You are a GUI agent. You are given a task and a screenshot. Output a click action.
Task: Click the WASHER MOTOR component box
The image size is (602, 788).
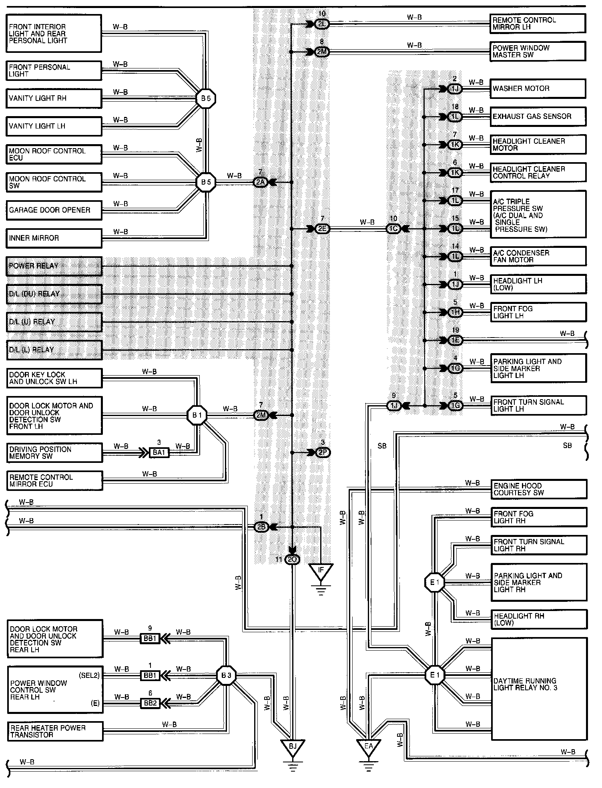pos(538,88)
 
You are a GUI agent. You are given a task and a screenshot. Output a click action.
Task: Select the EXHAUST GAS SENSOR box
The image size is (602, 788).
pos(538,117)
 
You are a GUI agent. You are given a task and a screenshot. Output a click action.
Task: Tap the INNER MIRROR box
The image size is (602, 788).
pos(54,238)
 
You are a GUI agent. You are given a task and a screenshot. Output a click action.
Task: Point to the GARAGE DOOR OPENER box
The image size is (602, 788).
pos(54,210)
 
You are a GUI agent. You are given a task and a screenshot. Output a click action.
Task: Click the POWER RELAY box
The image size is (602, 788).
pos(54,266)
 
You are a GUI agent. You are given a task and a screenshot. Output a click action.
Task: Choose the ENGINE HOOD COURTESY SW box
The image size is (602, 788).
pos(539,489)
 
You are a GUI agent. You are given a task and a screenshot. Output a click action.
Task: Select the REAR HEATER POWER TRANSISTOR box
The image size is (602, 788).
pos(55,731)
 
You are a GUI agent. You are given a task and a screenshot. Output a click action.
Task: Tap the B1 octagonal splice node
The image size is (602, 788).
pos(197,415)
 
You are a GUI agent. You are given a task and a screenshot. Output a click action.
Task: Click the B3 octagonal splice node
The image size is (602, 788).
pos(226,675)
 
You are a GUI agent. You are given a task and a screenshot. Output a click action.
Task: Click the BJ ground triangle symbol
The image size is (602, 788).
pos(293,747)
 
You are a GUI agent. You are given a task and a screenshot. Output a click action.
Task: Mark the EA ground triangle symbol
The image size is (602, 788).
pos(368,747)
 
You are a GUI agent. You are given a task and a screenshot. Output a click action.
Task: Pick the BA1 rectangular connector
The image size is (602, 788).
pos(159,452)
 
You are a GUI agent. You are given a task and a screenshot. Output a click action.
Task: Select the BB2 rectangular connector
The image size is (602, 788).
pos(150,703)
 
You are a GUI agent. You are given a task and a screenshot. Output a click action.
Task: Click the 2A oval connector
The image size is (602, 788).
pos(261,183)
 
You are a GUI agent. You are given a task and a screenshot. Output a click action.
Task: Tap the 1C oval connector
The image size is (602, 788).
pos(393,229)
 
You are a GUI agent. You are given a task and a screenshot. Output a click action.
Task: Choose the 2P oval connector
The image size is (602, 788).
pos(322,452)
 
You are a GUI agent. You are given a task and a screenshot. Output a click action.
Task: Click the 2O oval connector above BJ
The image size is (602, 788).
pos(292,560)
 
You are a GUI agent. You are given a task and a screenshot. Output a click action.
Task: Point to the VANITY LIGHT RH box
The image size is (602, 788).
pos(54,98)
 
